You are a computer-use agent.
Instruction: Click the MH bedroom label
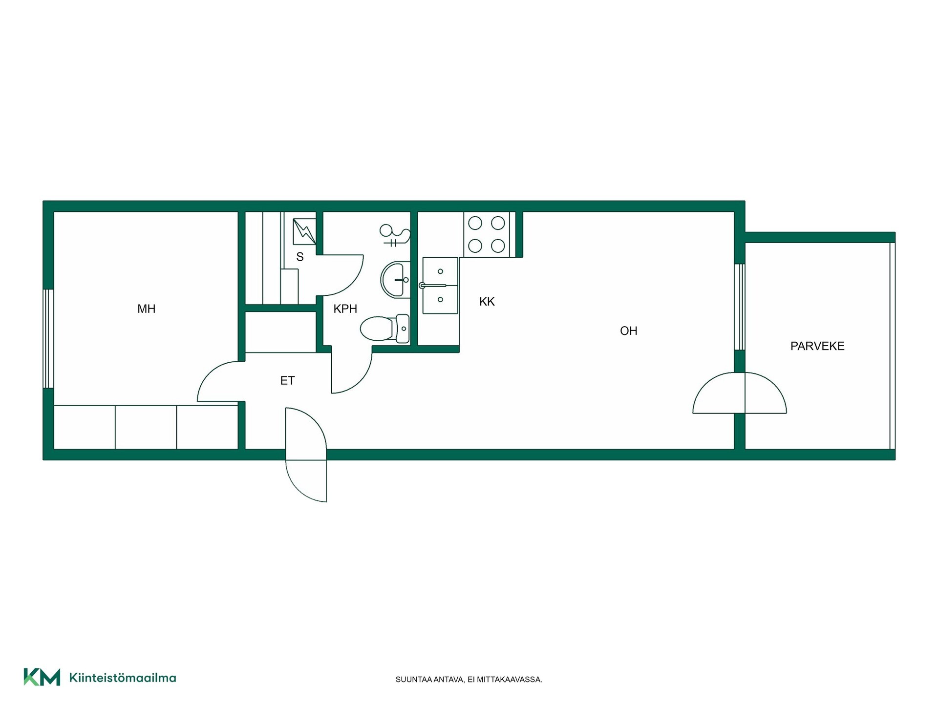tap(146, 309)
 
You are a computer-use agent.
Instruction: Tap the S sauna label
tap(300, 257)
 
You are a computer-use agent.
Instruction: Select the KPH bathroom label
tap(345, 309)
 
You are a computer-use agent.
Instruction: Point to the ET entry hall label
tap(287, 380)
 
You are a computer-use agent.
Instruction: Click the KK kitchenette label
tap(487, 302)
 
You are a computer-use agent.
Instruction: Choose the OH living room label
tap(629, 331)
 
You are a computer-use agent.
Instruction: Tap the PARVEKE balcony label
tap(817, 346)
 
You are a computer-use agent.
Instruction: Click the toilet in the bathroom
tap(385, 328)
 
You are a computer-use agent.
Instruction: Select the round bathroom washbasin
tap(395, 280)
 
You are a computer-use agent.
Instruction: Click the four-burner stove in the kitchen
tap(487, 234)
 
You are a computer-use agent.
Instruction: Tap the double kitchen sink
tap(440, 286)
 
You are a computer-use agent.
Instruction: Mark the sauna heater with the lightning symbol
tap(304, 231)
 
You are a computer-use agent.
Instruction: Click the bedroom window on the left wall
tap(48, 339)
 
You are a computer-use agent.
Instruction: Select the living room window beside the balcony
tap(740, 307)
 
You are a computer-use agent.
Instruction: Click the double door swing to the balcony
tap(740, 393)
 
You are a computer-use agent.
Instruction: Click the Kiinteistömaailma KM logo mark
tap(42, 677)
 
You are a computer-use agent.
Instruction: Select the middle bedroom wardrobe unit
tap(146, 427)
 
